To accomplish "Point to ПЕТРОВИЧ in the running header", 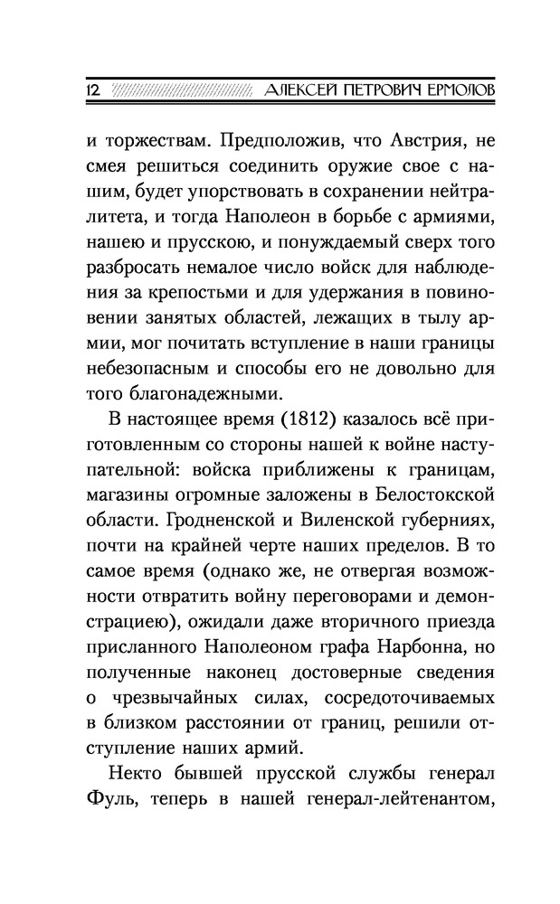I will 370,92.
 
